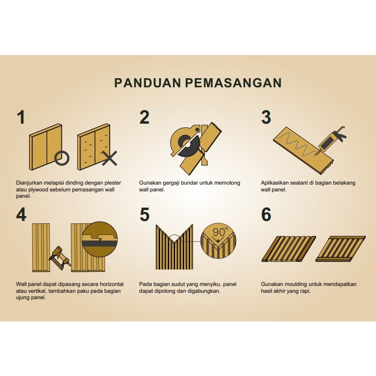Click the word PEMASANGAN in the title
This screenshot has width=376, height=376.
click(x=233, y=83)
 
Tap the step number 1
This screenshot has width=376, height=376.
click(x=21, y=117)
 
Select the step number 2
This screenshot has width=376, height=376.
click(x=145, y=117)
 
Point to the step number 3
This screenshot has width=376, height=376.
click(x=266, y=117)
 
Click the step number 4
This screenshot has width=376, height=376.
click(x=21, y=215)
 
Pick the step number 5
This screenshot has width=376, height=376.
click(x=145, y=215)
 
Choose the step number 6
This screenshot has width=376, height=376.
click(x=266, y=215)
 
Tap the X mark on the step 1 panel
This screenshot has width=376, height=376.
click(x=110, y=158)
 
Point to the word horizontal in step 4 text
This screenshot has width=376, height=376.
click(x=111, y=284)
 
